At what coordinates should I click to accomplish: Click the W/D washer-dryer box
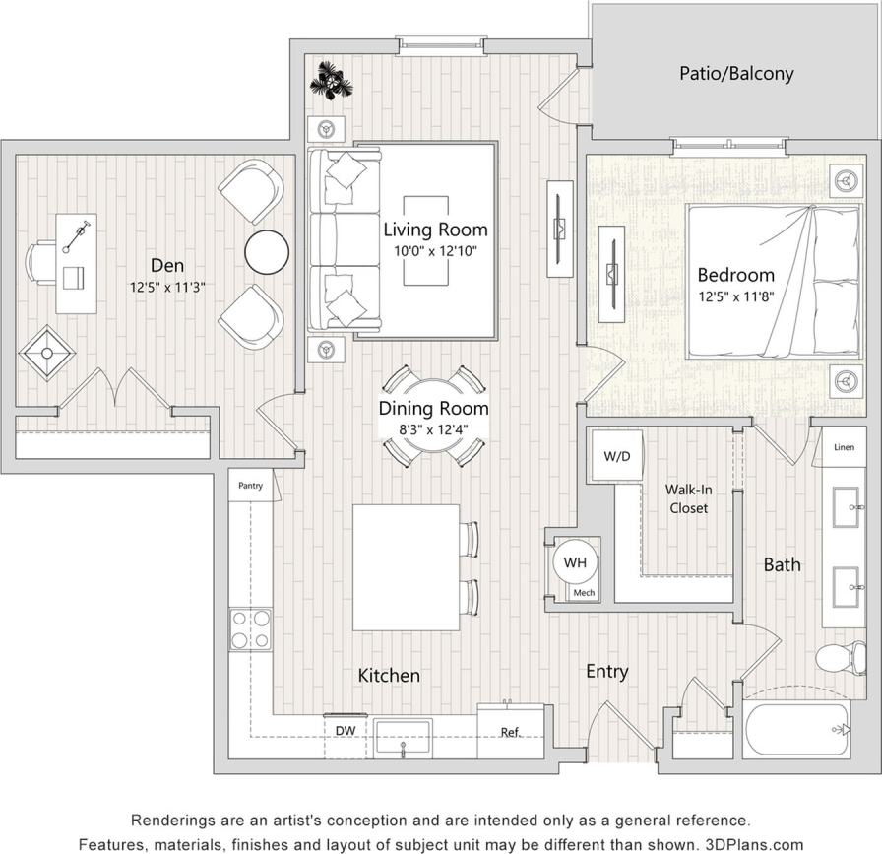coord(616,457)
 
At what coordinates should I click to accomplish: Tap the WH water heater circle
coord(575,563)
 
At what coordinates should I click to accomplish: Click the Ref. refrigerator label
coord(510,732)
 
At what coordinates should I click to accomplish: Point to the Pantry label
coord(250,485)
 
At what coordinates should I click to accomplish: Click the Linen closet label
coord(844,447)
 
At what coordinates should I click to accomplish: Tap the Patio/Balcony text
coord(736,73)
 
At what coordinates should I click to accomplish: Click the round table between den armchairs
coord(266,251)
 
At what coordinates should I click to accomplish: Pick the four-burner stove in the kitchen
coord(250,629)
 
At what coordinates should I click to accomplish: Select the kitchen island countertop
coord(406,567)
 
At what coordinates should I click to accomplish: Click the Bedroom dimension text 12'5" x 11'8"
coord(735,296)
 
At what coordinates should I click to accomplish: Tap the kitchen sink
coord(404,734)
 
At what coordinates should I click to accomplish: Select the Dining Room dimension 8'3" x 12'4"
coord(433,428)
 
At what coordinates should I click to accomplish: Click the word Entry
coord(606,671)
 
